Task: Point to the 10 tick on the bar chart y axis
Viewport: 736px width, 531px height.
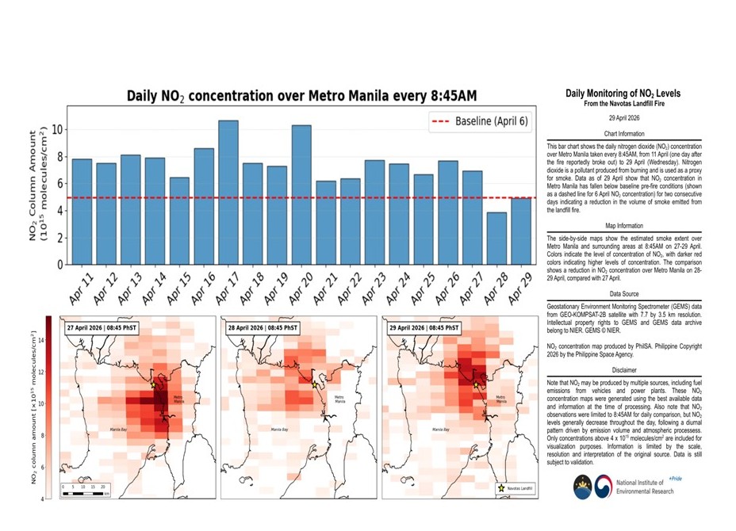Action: [56, 130]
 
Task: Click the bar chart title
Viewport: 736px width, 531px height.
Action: [302, 96]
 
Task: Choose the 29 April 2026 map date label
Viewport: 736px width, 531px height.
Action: [424, 327]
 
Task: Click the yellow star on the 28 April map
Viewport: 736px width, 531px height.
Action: [315, 384]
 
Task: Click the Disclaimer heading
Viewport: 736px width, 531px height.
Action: [623, 369]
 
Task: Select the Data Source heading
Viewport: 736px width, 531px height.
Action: [623, 292]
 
